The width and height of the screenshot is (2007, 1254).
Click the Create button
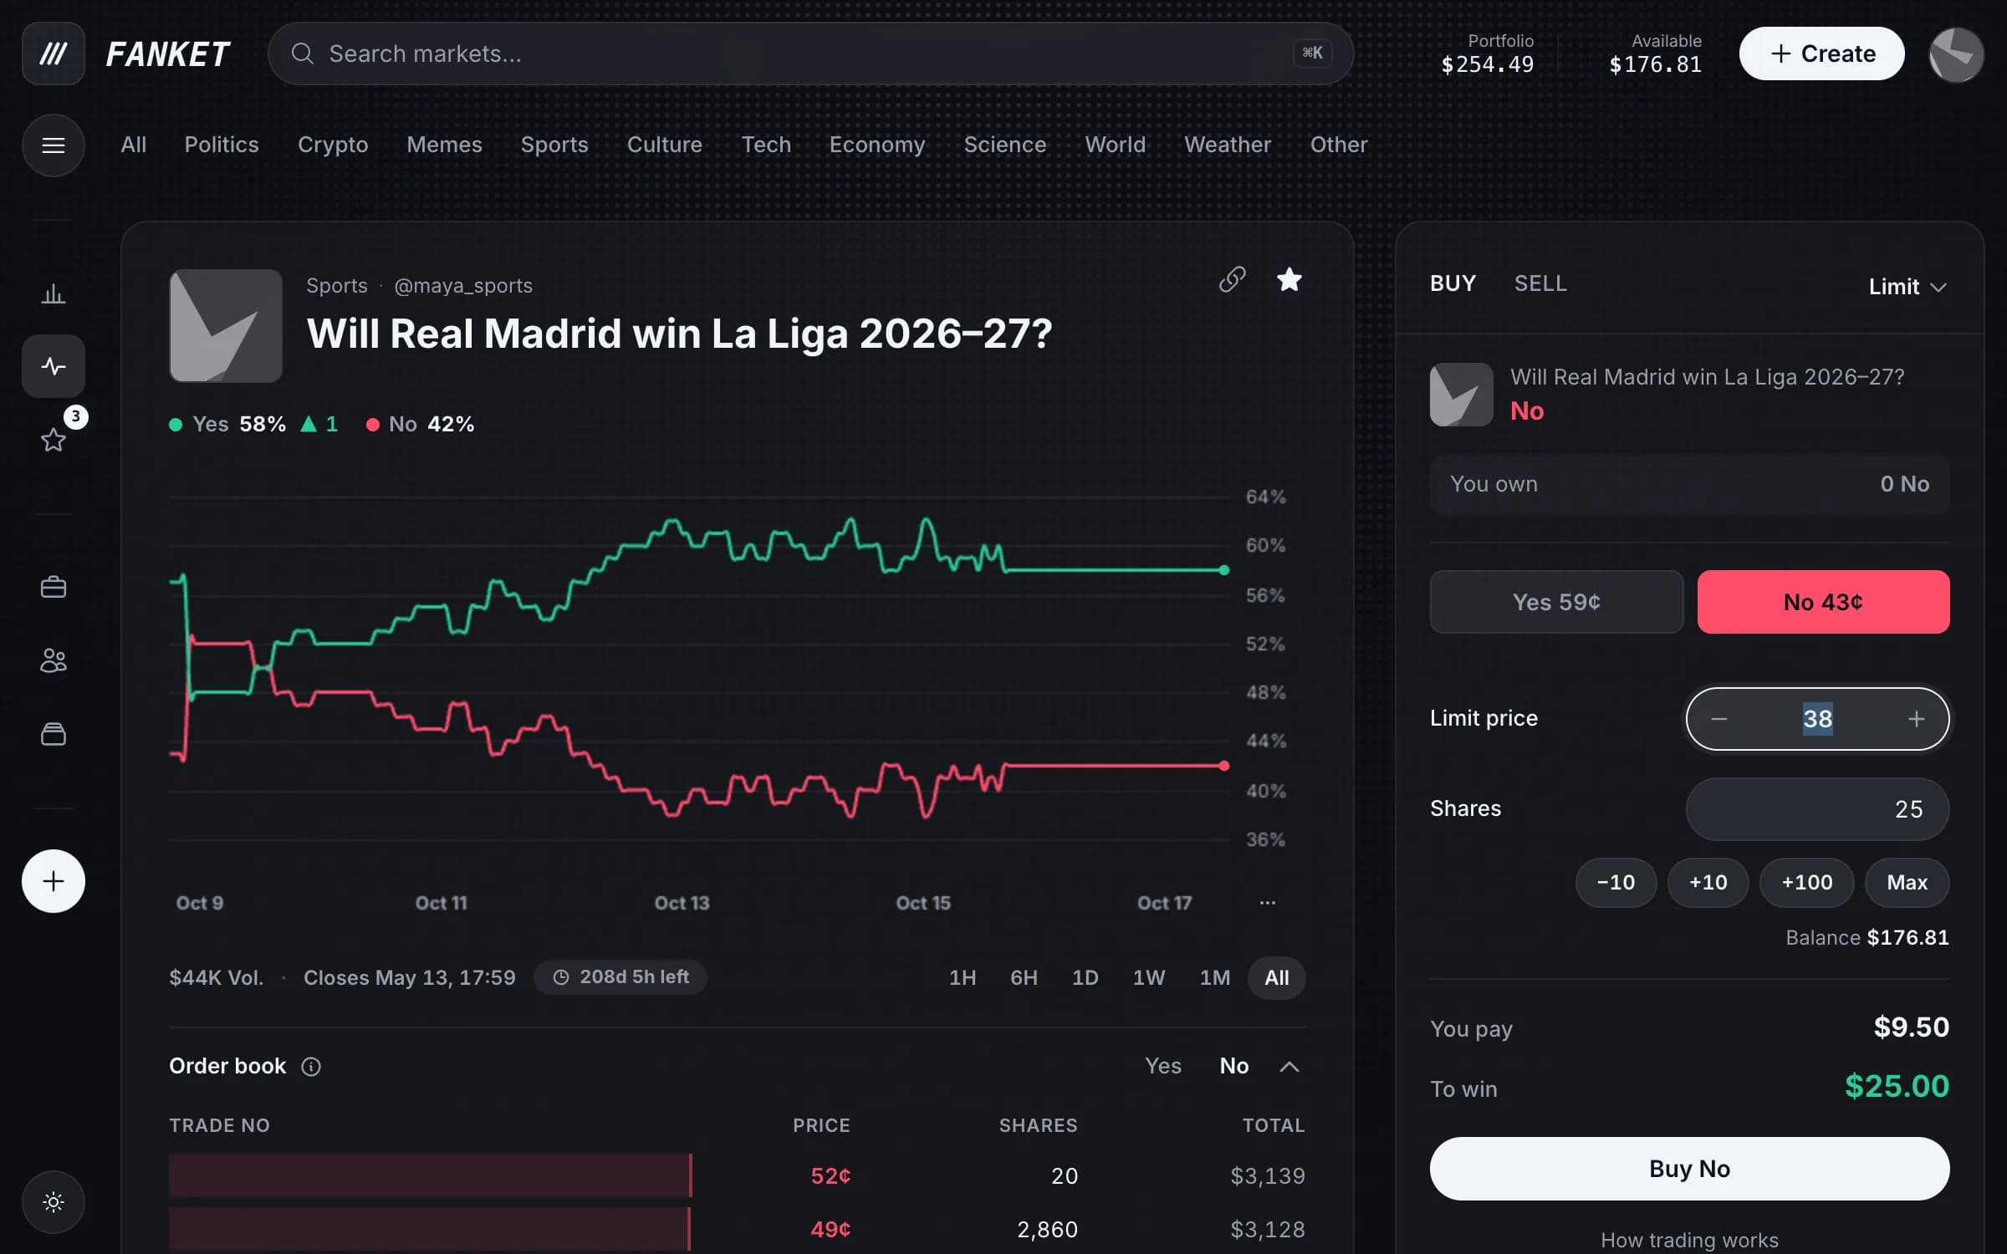tap(1821, 54)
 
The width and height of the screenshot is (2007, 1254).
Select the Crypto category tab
tap(333, 145)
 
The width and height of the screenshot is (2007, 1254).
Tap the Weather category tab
tap(1228, 145)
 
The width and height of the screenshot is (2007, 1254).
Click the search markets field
tap(809, 54)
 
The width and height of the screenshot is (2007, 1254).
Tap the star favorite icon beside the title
tap(1289, 279)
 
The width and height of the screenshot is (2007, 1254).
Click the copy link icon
tap(1232, 279)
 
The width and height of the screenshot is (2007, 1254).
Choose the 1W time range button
tap(1148, 977)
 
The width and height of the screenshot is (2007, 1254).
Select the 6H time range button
tap(1024, 977)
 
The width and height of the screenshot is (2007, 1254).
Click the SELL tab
tap(1540, 283)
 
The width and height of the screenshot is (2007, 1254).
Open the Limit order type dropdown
tap(1907, 287)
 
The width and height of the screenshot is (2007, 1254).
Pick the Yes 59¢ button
tap(1556, 602)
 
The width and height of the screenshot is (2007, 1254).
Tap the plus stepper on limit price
tap(1916, 719)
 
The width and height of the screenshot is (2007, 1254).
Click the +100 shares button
tap(1806, 882)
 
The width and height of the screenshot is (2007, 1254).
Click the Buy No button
tap(1689, 1168)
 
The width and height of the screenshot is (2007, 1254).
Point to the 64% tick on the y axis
tap(1265, 497)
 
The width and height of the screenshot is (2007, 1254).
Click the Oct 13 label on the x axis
tap(682, 903)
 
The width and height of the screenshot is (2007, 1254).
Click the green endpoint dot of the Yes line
tap(1224, 570)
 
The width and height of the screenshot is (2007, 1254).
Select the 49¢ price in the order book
tap(830, 1229)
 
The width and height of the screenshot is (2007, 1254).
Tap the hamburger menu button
tap(54, 145)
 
